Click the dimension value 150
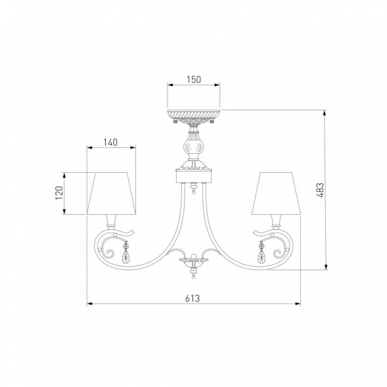[194, 80]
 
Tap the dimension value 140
[110, 143]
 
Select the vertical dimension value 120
[59, 193]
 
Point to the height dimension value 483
[320, 190]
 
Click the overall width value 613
[193, 298]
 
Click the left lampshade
[111, 193]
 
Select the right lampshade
[276, 193]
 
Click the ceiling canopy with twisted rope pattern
[194, 116]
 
